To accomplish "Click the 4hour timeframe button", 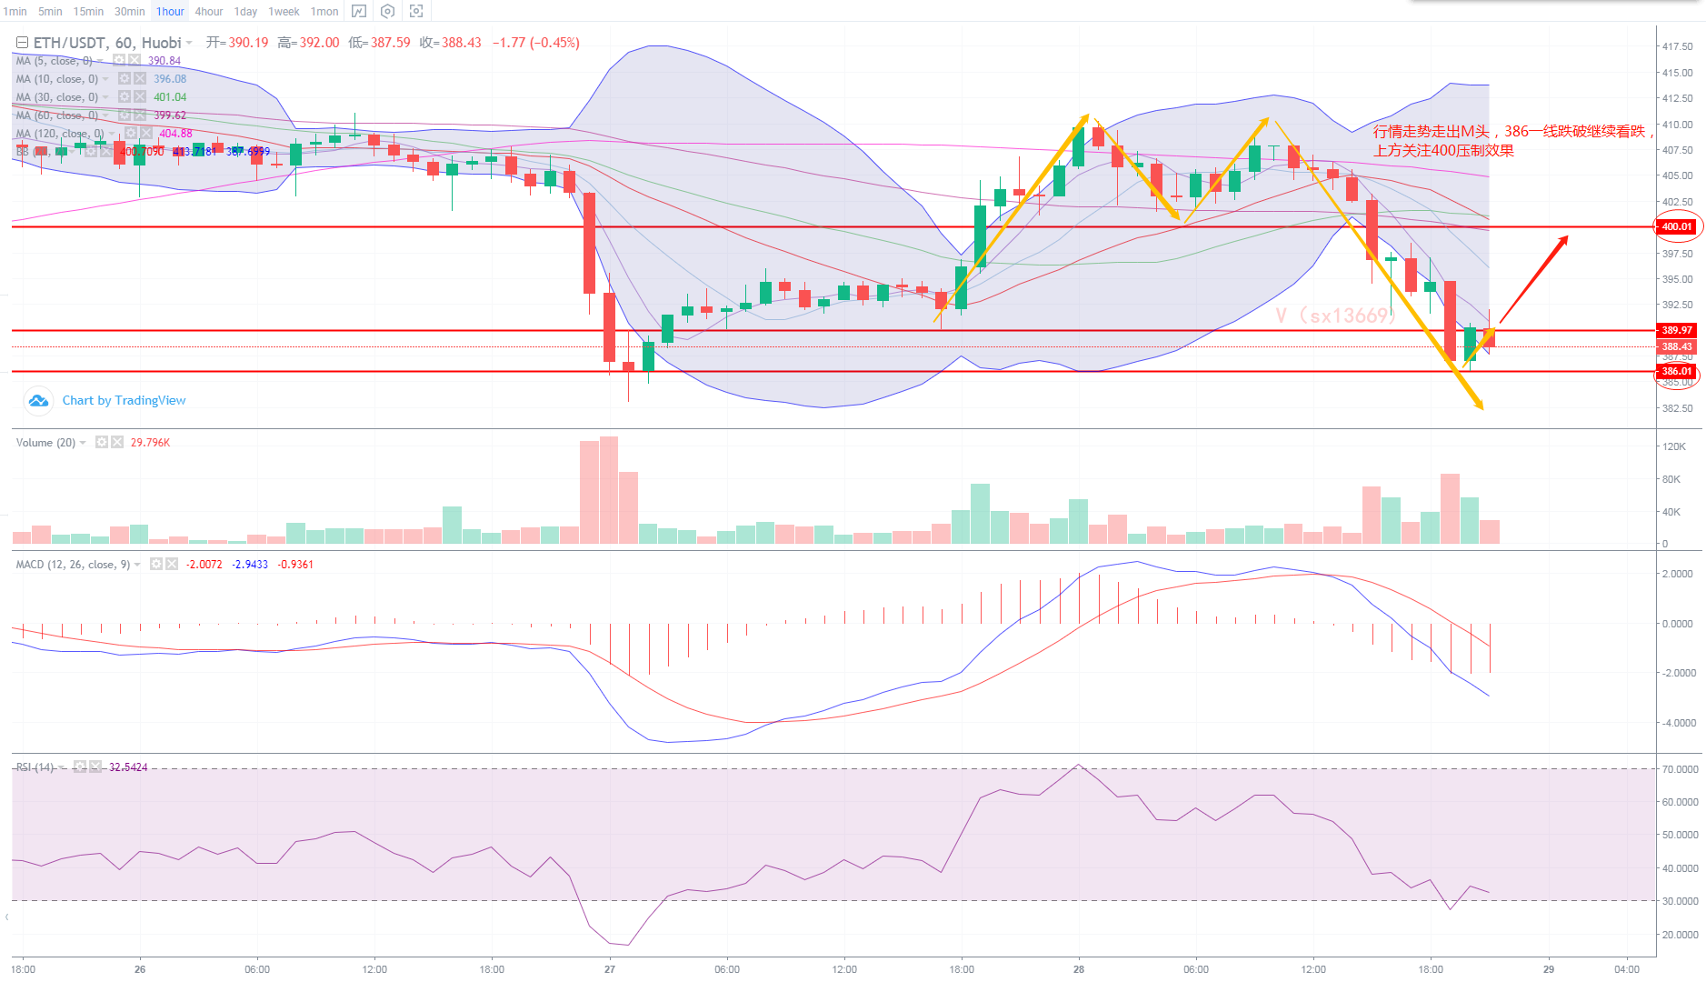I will click(208, 12).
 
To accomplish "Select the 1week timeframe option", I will click(284, 12).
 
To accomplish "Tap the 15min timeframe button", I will click(88, 12).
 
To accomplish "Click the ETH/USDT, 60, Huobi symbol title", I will click(106, 43).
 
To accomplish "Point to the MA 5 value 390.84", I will click(165, 61).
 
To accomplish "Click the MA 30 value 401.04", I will click(170, 97).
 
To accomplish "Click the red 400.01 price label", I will click(1677, 226).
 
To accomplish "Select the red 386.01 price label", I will click(1677, 371).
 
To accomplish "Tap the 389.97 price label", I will click(1677, 330).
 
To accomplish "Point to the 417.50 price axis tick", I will click(1677, 46).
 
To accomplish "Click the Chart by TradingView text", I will click(124, 400).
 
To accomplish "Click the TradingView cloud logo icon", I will click(38, 400).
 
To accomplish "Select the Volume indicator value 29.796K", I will click(150, 443).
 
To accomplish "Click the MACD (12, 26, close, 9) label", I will click(73, 565).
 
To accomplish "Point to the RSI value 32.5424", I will click(128, 767).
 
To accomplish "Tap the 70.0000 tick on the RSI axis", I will click(1680, 769).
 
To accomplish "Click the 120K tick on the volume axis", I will click(1673, 446).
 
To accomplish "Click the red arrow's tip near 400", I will click(1566, 237).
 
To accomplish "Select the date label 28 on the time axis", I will click(1079, 969).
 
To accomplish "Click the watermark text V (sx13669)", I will click(1334, 316).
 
